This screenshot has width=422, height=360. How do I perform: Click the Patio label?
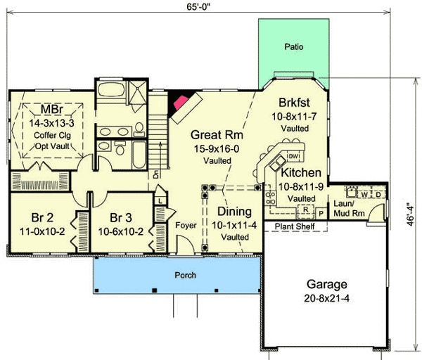point(293,48)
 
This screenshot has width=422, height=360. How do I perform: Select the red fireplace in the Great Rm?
point(181,103)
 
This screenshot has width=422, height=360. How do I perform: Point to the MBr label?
point(49,110)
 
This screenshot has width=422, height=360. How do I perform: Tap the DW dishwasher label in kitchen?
point(294,156)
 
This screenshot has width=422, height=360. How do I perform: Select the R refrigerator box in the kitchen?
point(306,209)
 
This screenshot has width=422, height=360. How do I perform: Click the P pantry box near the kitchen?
point(321,212)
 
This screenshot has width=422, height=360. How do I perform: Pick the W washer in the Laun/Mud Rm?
point(364,193)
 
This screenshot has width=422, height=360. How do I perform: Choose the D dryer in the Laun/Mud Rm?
point(378,193)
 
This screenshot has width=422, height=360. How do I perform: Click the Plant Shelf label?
point(293,226)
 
